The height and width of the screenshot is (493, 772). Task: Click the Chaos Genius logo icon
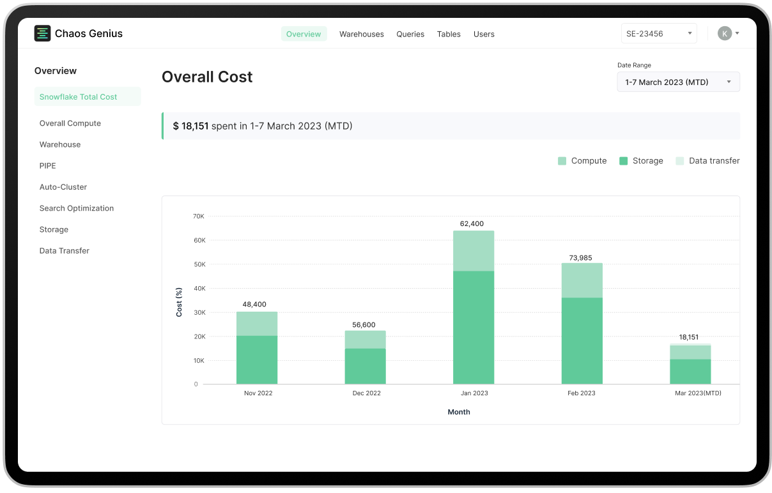pyautogui.click(x=42, y=34)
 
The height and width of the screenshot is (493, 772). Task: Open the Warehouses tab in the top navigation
pyautogui.click(x=361, y=34)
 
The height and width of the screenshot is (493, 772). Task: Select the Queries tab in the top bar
pyautogui.click(x=410, y=34)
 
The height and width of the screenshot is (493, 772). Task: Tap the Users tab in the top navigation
pyautogui.click(x=484, y=34)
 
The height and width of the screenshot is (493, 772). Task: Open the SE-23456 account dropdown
pyautogui.click(x=659, y=34)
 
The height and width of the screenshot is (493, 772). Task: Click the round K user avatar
pyautogui.click(x=724, y=34)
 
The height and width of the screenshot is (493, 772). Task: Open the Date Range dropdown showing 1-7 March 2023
pyautogui.click(x=678, y=82)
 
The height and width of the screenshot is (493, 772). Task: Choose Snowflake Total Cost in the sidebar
pyautogui.click(x=79, y=97)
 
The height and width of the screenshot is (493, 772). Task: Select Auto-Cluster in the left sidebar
pyautogui.click(x=63, y=187)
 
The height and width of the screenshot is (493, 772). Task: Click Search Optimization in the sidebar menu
pyautogui.click(x=77, y=208)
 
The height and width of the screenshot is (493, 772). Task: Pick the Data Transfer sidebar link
pyautogui.click(x=65, y=251)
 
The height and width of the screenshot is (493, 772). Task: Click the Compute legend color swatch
pyautogui.click(x=562, y=161)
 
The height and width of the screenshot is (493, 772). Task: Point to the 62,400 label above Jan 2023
pyautogui.click(x=472, y=224)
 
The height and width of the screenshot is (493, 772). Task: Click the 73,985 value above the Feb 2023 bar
pyautogui.click(x=580, y=258)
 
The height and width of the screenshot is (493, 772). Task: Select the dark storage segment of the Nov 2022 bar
pyautogui.click(x=257, y=360)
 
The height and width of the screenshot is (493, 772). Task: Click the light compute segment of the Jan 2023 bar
pyautogui.click(x=474, y=251)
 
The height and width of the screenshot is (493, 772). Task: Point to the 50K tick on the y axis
pyautogui.click(x=199, y=264)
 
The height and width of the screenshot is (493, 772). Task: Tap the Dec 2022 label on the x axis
pyautogui.click(x=366, y=393)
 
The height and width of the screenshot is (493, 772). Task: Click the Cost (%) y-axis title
pyautogui.click(x=180, y=301)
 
